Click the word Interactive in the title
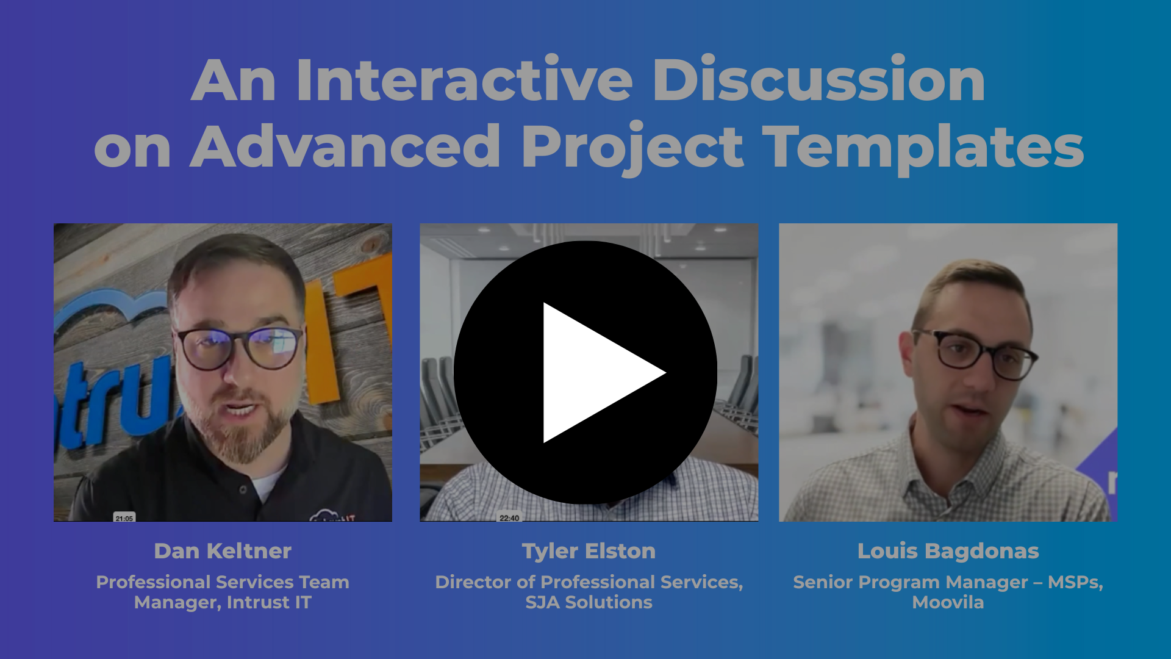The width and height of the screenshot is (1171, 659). click(x=465, y=81)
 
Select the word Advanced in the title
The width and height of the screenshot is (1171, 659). click(x=345, y=146)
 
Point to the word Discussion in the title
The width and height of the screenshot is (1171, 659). click(x=818, y=81)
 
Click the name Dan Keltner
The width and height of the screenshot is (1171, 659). click(x=223, y=551)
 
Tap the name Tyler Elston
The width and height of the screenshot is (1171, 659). click(x=589, y=551)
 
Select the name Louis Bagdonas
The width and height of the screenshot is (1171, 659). click(x=948, y=551)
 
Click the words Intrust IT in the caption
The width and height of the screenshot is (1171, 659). click(x=269, y=602)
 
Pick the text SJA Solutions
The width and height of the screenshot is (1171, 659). click(x=589, y=602)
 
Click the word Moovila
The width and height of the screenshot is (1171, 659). click(x=948, y=602)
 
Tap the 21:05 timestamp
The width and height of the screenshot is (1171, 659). click(x=124, y=518)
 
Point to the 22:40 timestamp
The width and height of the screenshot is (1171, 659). click(x=509, y=518)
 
